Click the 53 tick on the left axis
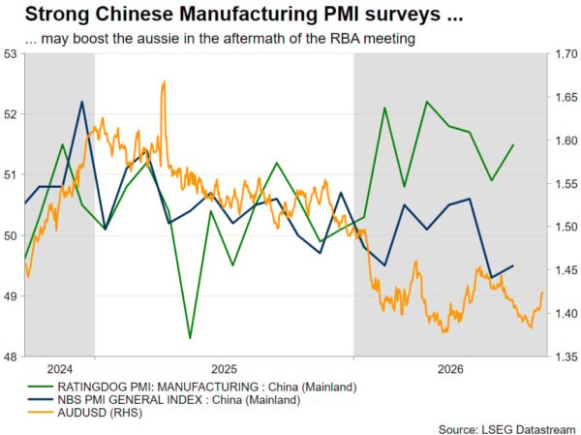click(x=11, y=54)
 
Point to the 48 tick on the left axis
click(x=11, y=357)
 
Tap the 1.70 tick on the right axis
click(x=566, y=54)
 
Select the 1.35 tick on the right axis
click(x=566, y=357)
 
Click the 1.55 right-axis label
click(x=566, y=184)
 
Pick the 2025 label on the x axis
click(x=225, y=369)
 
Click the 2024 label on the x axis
click(x=60, y=369)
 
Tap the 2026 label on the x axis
click(x=450, y=369)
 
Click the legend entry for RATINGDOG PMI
click(x=192, y=388)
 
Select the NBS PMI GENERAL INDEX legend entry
click(x=165, y=400)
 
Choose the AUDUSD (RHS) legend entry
click(x=85, y=413)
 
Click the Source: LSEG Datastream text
click(x=507, y=429)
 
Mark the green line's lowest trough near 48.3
click(x=190, y=338)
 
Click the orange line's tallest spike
click(x=164, y=82)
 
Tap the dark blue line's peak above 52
click(x=82, y=101)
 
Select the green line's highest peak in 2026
click(x=427, y=101)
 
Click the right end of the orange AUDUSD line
click(x=543, y=292)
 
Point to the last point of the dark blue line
click(x=513, y=265)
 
